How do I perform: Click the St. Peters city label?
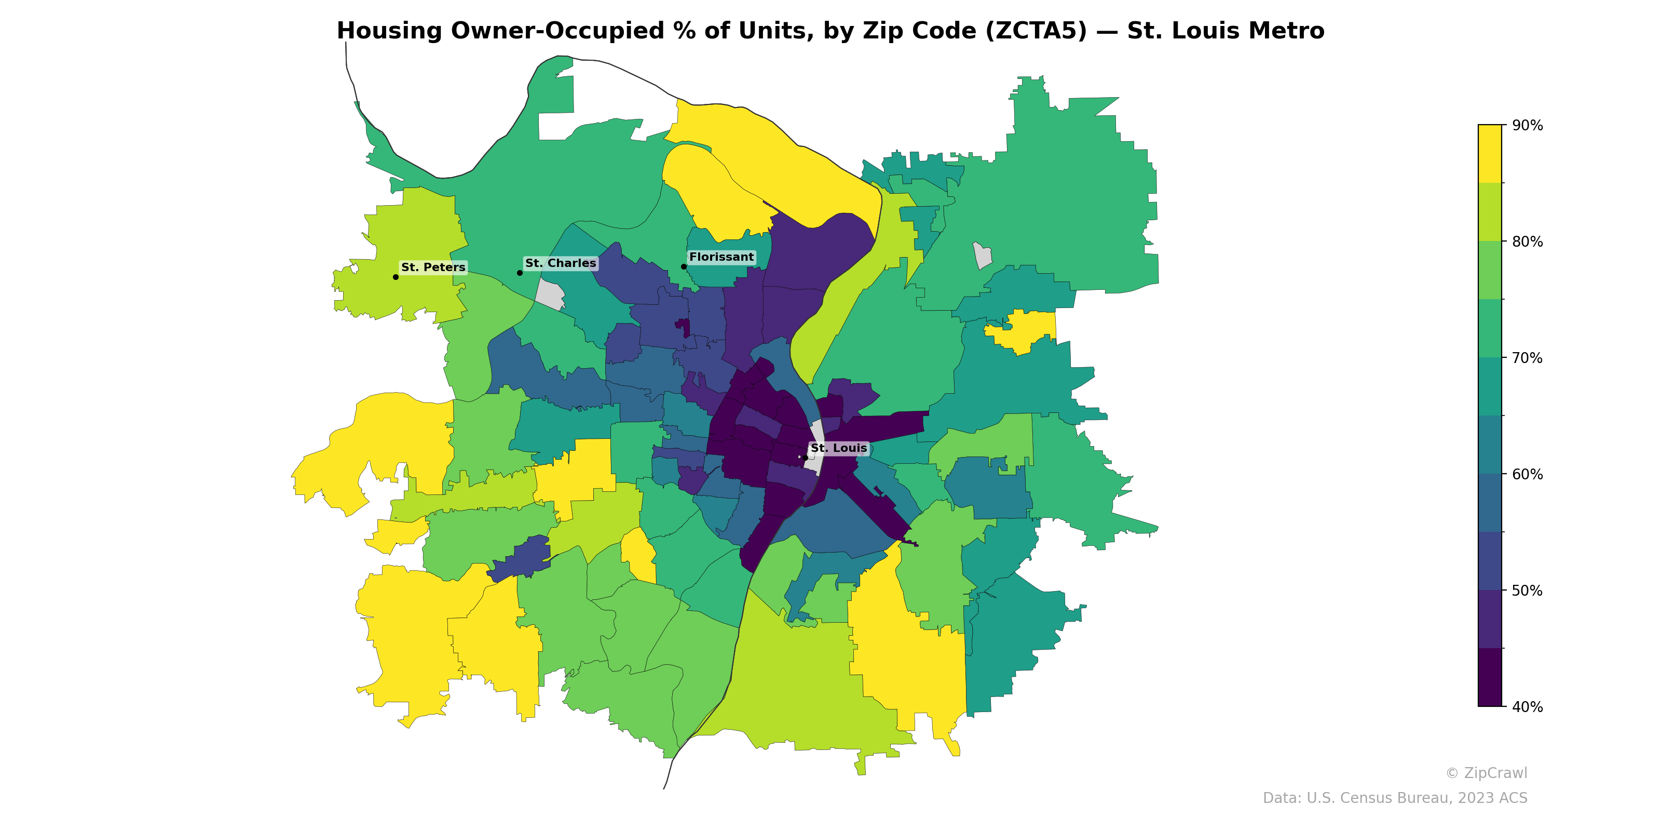433,267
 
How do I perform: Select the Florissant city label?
721,257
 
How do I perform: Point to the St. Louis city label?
838,448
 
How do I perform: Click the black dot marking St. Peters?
395,277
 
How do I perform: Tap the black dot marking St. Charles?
520,273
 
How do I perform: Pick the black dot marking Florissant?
684,266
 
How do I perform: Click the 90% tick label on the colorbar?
1527,125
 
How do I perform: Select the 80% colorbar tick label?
1527,242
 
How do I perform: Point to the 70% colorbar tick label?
1527,357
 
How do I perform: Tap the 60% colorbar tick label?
1527,474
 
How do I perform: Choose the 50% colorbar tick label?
1527,591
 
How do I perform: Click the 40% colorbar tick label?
1527,706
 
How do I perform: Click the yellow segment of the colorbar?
1490,154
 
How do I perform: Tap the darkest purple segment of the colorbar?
1490,677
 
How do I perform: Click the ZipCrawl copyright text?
1486,773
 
